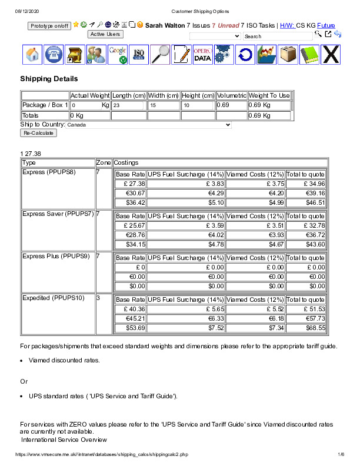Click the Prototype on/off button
point(50,26)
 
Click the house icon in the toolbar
point(33,55)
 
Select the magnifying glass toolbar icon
point(160,55)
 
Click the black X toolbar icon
point(332,55)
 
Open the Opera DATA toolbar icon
point(202,55)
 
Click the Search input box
point(278,36)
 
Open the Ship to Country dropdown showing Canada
point(149,125)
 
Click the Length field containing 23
point(128,105)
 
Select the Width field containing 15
point(164,105)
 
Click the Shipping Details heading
point(49,79)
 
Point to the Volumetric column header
point(231,95)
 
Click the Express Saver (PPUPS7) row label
point(58,214)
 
